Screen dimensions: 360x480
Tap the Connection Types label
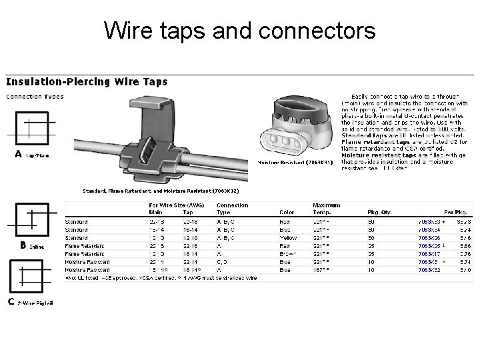(x=35, y=97)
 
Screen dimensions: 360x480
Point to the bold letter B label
(x=23, y=245)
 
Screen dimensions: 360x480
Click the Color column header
(x=287, y=213)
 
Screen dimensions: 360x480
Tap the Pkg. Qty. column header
(x=378, y=213)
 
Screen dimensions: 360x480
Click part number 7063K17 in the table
(x=429, y=254)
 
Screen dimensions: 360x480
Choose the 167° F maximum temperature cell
(x=323, y=270)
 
